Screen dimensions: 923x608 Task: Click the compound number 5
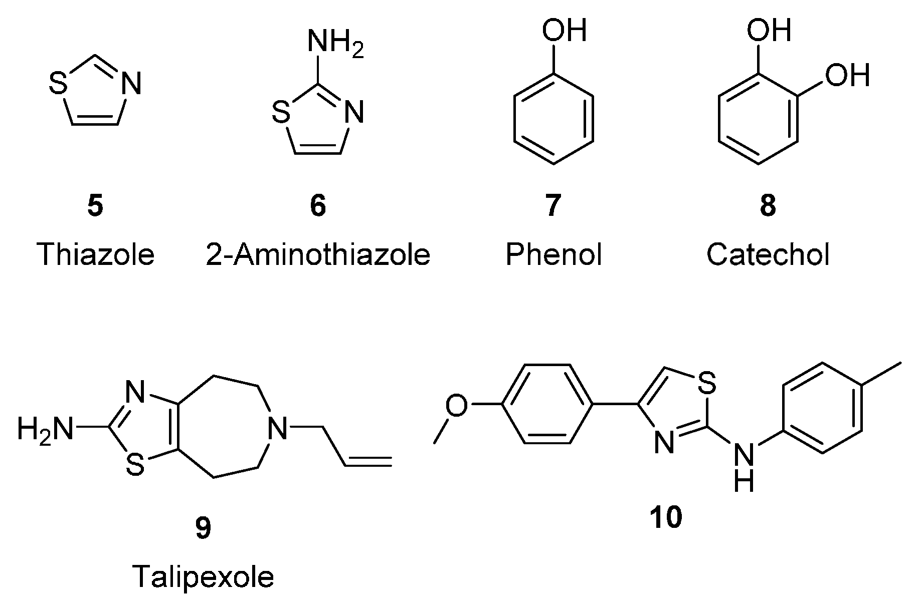click(x=95, y=206)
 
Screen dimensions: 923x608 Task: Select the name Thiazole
click(x=96, y=254)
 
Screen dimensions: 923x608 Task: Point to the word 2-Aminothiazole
click(x=318, y=254)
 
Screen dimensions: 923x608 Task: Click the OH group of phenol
click(x=564, y=31)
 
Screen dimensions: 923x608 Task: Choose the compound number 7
click(x=552, y=206)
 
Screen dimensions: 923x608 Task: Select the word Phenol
click(x=553, y=254)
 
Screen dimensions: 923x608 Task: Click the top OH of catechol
click(x=769, y=31)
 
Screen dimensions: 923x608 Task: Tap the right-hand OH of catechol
click(x=846, y=75)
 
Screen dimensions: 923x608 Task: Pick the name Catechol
click(x=768, y=254)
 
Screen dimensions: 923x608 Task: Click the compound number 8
click(x=768, y=206)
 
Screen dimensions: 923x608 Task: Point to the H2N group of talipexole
click(x=44, y=430)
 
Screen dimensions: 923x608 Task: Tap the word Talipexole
click(x=203, y=576)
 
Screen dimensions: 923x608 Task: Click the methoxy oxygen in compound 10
click(x=457, y=405)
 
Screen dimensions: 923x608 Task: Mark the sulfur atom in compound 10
click(x=706, y=385)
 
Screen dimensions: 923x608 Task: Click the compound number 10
click(x=666, y=517)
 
